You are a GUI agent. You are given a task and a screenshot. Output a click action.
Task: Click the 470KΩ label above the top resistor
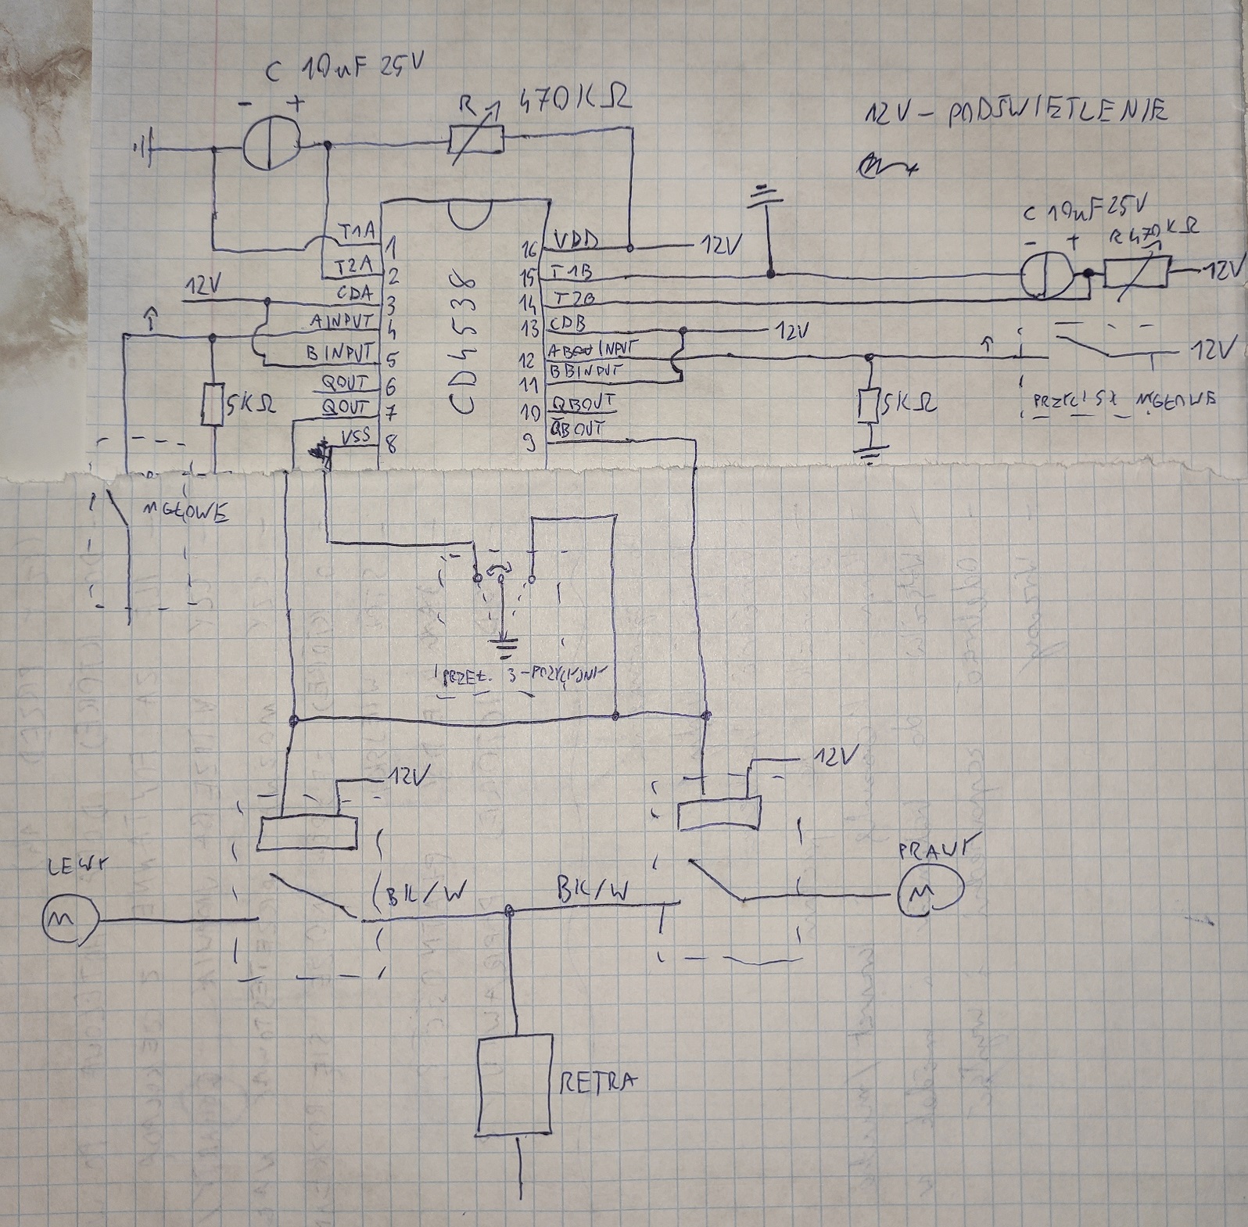click(x=575, y=102)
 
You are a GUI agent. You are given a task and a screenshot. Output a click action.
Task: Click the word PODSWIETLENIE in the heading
click(x=1056, y=112)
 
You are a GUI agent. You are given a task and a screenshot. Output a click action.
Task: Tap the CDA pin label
click(x=353, y=295)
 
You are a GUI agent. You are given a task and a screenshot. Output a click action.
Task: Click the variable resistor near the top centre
click(x=475, y=142)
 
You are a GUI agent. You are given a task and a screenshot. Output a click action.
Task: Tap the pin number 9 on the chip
click(x=529, y=444)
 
